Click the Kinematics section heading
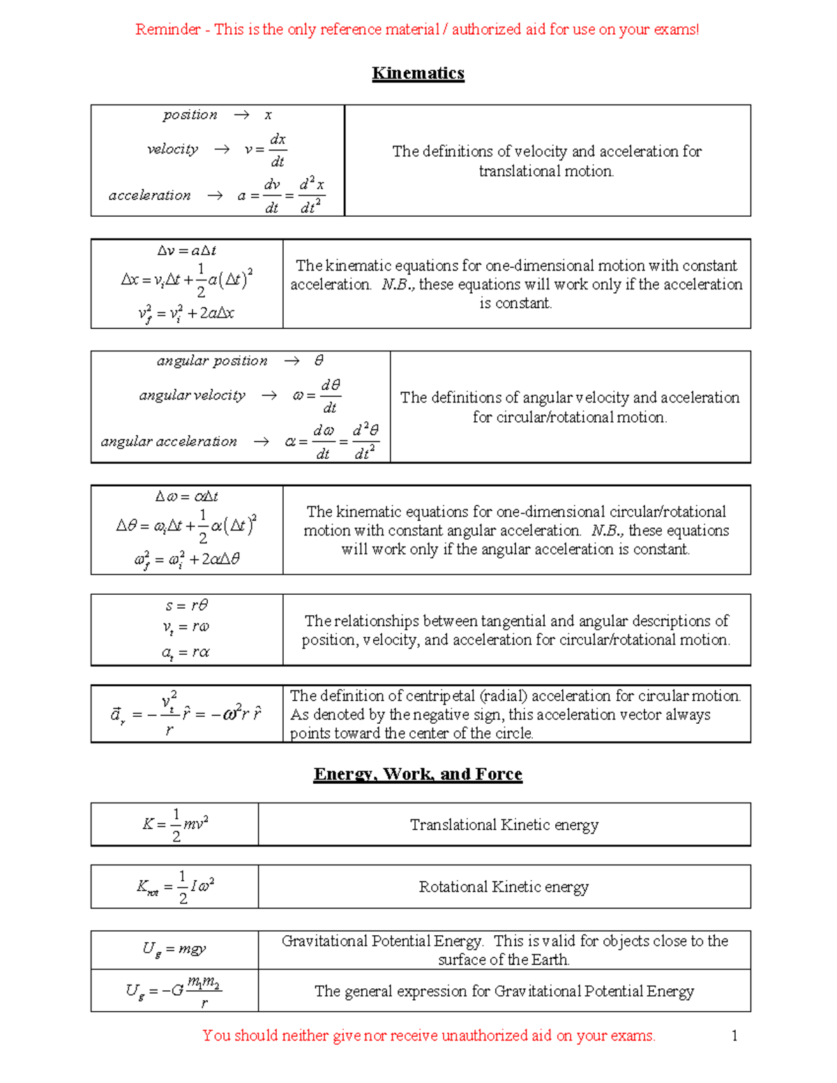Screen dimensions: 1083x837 (x=418, y=73)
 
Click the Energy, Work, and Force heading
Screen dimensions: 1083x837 (x=418, y=774)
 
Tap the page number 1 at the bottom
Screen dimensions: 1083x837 (x=734, y=1036)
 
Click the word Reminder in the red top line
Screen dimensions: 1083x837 (x=167, y=29)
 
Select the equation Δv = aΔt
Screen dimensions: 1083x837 (x=186, y=250)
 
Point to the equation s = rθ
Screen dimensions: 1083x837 (x=186, y=605)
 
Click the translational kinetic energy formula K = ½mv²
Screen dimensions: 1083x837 (x=175, y=824)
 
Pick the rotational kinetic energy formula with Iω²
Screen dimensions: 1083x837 (x=175, y=887)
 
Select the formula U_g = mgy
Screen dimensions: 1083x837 (x=174, y=949)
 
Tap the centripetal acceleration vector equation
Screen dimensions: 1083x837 (x=186, y=714)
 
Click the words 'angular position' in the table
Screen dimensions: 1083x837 (x=212, y=361)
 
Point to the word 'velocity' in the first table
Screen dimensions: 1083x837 (x=172, y=149)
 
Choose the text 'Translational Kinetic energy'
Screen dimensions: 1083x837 (x=504, y=825)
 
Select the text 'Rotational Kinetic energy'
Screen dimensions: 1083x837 (x=504, y=887)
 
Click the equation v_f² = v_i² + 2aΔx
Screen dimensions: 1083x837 (x=186, y=313)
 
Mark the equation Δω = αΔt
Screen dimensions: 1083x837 (x=186, y=497)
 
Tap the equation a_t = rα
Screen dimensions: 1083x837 (x=186, y=653)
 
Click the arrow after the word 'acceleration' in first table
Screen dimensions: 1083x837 (x=215, y=196)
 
